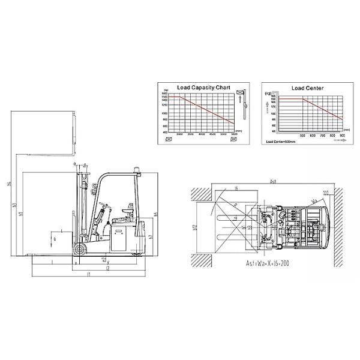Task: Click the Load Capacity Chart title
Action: click(x=200, y=88)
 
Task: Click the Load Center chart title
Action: click(x=307, y=88)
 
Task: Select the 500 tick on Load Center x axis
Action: click(x=302, y=136)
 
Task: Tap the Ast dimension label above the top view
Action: click(x=272, y=180)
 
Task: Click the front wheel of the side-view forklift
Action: click(x=79, y=249)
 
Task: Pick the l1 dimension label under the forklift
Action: click(x=88, y=274)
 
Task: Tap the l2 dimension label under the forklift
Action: click(x=108, y=268)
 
